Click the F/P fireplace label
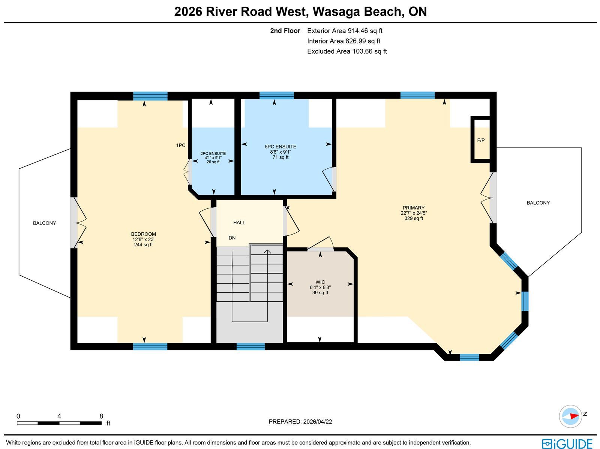click(x=481, y=141)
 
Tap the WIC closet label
click(x=320, y=282)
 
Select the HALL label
click(x=239, y=223)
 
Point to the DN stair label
click(x=232, y=238)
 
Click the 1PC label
click(x=181, y=145)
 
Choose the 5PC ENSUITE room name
click(x=280, y=147)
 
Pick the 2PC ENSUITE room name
click(x=213, y=154)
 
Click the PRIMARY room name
click(x=414, y=208)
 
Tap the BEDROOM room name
click(x=144, y=234)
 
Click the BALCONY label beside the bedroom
click(x=45, y=223)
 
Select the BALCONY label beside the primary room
click(x=538, y=203)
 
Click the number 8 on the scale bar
click(x=101, y=416)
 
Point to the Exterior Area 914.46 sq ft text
click(x=345, y=31)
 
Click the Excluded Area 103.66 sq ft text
click(x=347, y=51)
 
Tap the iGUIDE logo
click(x=567, y=443)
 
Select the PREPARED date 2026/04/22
click(x=318, y=422)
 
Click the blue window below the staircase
click(x=250, y=347)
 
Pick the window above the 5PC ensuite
click(x=276, y=96)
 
